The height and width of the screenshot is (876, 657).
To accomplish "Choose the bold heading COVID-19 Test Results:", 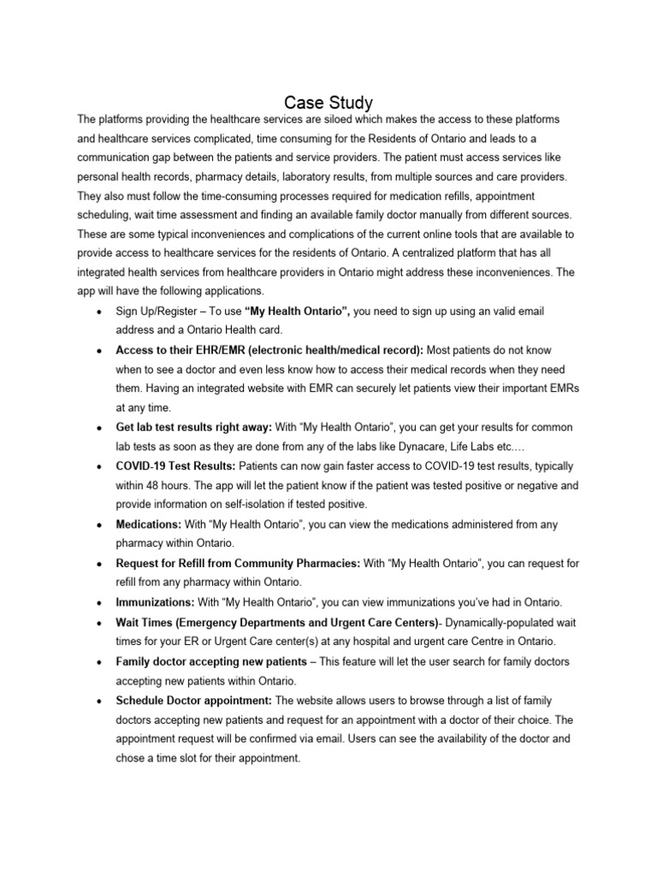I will (x=175, y=465).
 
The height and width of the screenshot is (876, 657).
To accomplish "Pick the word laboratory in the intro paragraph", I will (x=353, y=176).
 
